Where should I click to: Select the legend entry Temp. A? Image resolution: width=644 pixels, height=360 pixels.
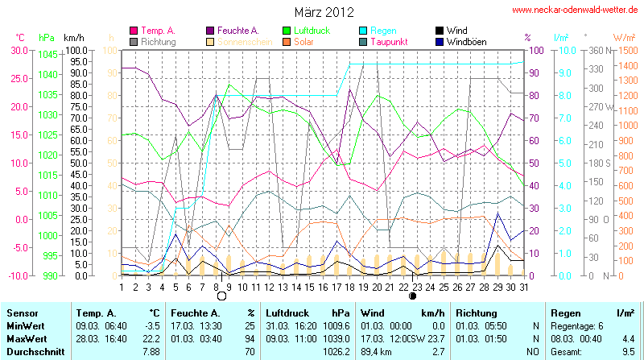(159, 31)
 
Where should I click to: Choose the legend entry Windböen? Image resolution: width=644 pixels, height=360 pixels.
(465, 41)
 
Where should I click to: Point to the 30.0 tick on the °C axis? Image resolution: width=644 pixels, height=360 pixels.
(16, 50)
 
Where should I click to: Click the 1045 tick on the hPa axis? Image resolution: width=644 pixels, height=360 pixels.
(47, 54)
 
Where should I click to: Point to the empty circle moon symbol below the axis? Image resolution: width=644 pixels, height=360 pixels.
(221, 296)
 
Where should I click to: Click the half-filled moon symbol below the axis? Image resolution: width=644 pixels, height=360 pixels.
(413, 296)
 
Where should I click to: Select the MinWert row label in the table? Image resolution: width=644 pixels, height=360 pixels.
(25, 325)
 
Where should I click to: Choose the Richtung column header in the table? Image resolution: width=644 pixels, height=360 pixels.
(478, 312)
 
